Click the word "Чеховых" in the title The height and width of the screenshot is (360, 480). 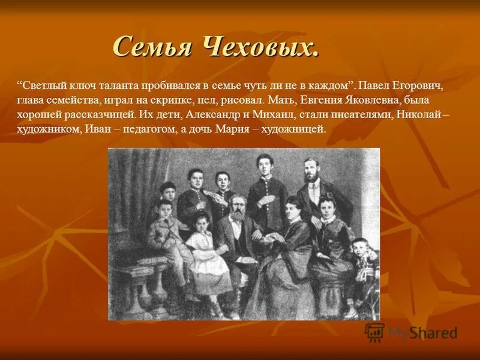[x=263, y=47]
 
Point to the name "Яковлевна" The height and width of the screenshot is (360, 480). [x=377, y=100]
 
